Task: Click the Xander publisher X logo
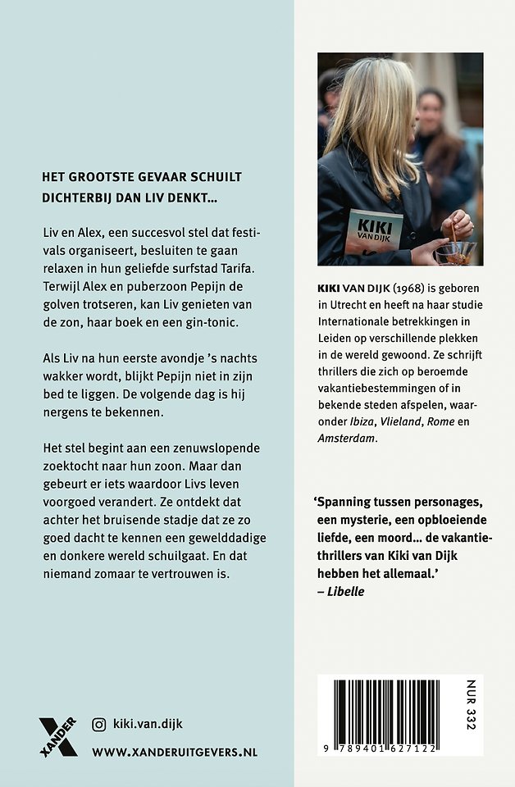pyautogui.click(x=58, y=735)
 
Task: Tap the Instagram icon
pyautogui.click(x=99, y=724)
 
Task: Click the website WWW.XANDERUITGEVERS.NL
pyautogui.click(x=175, y=751)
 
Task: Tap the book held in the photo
pyautogui.click(x=373, y=230)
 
